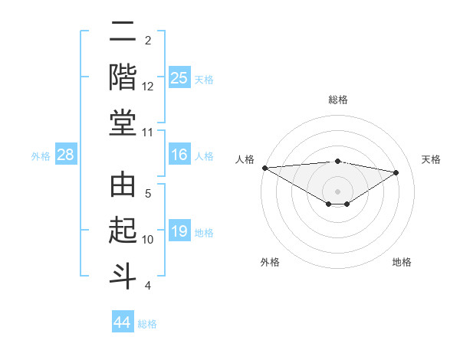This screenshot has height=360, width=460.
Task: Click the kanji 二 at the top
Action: (x=123, y=34)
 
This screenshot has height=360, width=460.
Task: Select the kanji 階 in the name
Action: (x=123, y=77)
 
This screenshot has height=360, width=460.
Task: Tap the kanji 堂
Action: (x=123, y=123)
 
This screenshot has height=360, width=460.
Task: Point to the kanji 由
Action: (x=123, y=187)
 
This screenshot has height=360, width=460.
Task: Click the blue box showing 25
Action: (x=179, y=77)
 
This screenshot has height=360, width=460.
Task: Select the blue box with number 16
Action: (x=179, y=155)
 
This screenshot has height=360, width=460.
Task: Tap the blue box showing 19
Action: (x=179, y=231)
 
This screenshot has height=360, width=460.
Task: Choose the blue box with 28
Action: (x=66, y=155)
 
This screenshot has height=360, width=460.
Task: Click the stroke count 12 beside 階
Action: (x=148, y=87)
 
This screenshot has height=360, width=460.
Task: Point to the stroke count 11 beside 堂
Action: (x=148, y=133)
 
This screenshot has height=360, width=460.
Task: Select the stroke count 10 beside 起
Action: (x=148, y=240)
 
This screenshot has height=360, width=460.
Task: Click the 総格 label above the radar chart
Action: (x=338, y=100)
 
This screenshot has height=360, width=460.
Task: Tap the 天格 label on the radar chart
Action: (x=431, y=159)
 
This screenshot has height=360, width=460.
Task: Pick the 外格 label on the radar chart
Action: (x=270, y=262)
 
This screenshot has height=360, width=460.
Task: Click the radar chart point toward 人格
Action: (x=264, y=168)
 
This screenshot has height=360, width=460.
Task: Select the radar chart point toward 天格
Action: (x=396, y=172)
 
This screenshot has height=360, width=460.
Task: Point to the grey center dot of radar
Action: (x=337, y=191)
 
